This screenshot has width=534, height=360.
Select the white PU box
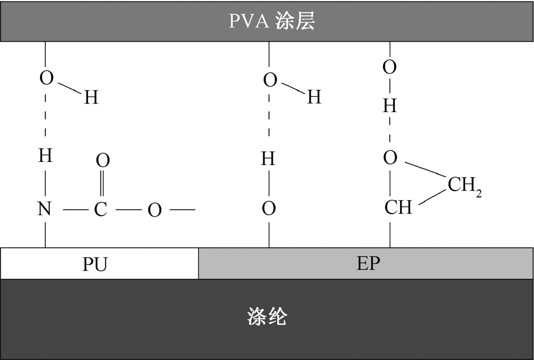(x=99, y=264)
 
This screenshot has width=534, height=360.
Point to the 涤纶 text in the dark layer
(x=267, y=318)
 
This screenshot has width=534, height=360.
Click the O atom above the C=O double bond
(x=103, y=160)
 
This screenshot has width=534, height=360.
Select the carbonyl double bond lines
(x=101, y=185)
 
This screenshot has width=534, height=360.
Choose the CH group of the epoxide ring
(x=398, y=207)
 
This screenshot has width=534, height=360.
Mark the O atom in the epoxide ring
(x=390, y=158)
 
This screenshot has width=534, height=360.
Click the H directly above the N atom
(x=45, y=156)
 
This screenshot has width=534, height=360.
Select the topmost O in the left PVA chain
(x=47, y=79)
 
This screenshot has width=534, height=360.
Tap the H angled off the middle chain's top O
(x=314, y=97)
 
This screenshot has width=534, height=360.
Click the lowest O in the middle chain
(x=269, y=209)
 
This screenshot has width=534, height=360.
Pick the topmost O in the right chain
(x=390, y=67)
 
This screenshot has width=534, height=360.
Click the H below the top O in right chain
(x=390, y=107)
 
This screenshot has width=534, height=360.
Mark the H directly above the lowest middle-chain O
(x=269, y=159)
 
